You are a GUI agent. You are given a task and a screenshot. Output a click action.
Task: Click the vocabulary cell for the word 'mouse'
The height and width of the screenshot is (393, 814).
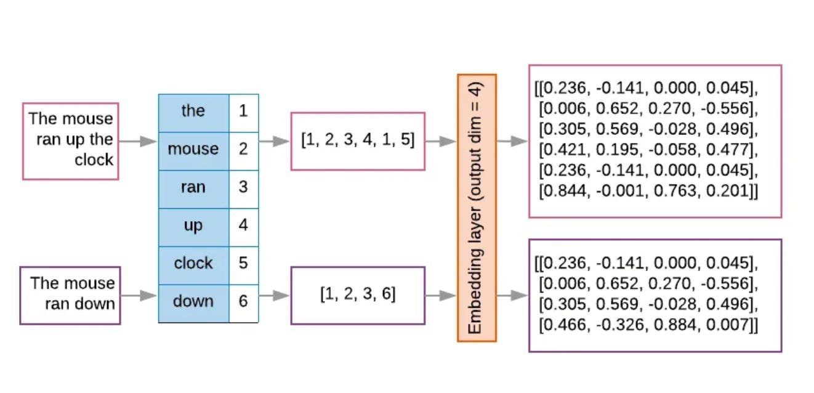pyautogui.click(x=193, y=149)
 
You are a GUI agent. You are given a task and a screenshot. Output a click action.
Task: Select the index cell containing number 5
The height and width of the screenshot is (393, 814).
pyautogui.click(x=243, y=263)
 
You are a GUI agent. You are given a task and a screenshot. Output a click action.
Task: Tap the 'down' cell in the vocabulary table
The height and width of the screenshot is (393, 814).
pyautogui.click(x=193, y=302)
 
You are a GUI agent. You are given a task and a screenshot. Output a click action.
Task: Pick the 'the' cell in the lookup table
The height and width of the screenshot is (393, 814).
pyautogui.click(x=193, y=111)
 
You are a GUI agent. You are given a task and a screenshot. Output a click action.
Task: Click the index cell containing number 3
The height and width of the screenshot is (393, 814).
pyautogui.click(x=243, y=187)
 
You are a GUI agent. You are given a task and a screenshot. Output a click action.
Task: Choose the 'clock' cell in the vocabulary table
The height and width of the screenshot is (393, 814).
pyautogui.click(x=193, y=263)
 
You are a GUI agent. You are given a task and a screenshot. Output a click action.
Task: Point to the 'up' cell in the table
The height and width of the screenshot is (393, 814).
pyautogui.click(x=193, y=225)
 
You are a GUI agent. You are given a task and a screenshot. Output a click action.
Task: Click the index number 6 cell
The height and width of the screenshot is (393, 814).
pyautogui.click(x=243, y=302)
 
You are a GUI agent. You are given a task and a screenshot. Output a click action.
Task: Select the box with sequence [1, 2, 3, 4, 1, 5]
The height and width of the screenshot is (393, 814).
pyautogui.click(x=358, y=141)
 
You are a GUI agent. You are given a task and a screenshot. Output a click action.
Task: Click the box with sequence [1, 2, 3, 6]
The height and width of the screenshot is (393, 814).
pyautogui.click(x=358, y=295)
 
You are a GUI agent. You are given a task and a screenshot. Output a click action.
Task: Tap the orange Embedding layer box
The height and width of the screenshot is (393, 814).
pyautogui.click(x=476, y=208)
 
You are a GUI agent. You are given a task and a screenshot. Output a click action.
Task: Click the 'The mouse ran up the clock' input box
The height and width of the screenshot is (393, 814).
pyautogui.click(x=70, y=141)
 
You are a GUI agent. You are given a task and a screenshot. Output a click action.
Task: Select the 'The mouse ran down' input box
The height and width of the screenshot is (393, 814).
pyautogui.click(x=70, y=295)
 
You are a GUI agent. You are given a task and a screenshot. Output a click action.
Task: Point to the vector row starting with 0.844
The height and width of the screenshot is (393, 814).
pyautogui.click(x=648, y=192)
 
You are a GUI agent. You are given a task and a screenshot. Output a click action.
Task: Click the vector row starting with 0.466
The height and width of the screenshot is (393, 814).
pyautogui.click(x=648, y=325)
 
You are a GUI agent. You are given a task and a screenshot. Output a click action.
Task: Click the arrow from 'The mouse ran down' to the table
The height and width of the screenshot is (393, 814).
pyautogui.click(x=139, y=296)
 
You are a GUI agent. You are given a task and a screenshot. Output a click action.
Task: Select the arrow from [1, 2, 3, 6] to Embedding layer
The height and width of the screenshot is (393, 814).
pyautogui.click(x=441, y=296)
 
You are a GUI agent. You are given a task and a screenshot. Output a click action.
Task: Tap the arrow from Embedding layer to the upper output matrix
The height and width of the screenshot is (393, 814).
pyautogui.click(x=512, y=141)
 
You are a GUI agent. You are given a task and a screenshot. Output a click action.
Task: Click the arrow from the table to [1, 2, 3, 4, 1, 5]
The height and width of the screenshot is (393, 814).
pyautogui.click(x=274, y=141)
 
